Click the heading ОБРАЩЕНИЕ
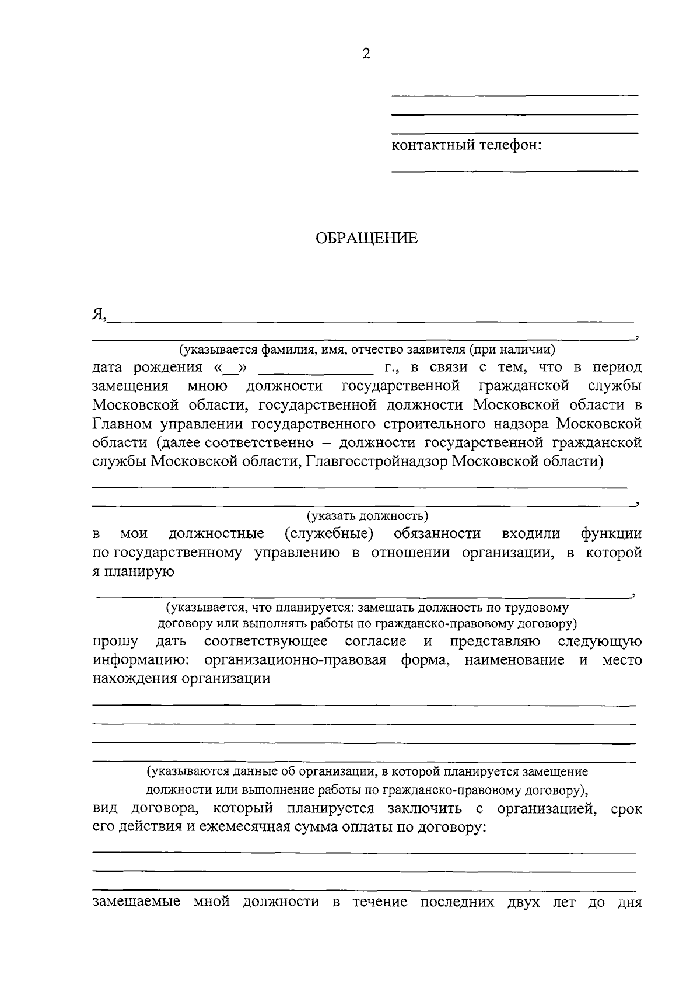pyautogui.click(x=366, y=239)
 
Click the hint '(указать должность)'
pyautogui.click(x=367, y=515)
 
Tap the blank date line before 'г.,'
pyautogui.click(x=315, y=372)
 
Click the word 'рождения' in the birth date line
pyautogui.click(x=167, y=368)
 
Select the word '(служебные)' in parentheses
pyautogui.click(x=329, y=533)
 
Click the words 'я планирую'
pyautogui.click(x=134, y=571)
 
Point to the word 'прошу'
pyautogui.click(x=116, y=642)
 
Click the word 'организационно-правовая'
pyautogui.click(x=296, y=660)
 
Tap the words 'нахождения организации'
pyautogui.click(x=181, y=679)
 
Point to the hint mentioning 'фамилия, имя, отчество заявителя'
pyautogui.click(x=367, y=350)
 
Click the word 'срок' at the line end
pyautogui.click(x=626, y=809)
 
